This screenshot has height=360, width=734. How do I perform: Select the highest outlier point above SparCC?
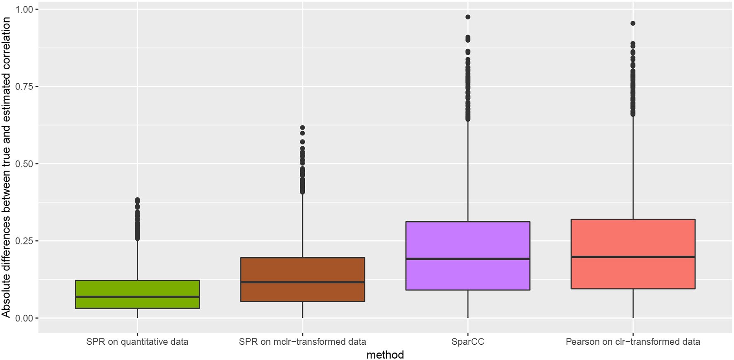pyautogui.click(x=468, y=17)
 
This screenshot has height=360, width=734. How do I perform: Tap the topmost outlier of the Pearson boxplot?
pyautogui.click(x=633, y=23)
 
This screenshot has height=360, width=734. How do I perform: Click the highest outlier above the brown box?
pyautogui.click(x=302, y=128)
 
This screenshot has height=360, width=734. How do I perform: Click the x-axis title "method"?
pyautogui.click(x=385, y=355)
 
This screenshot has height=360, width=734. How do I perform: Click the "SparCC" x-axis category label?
pyautogui.click(x=468, y=342)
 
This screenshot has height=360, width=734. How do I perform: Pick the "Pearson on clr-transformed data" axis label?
pyautogui.click(x=633, y=342)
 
